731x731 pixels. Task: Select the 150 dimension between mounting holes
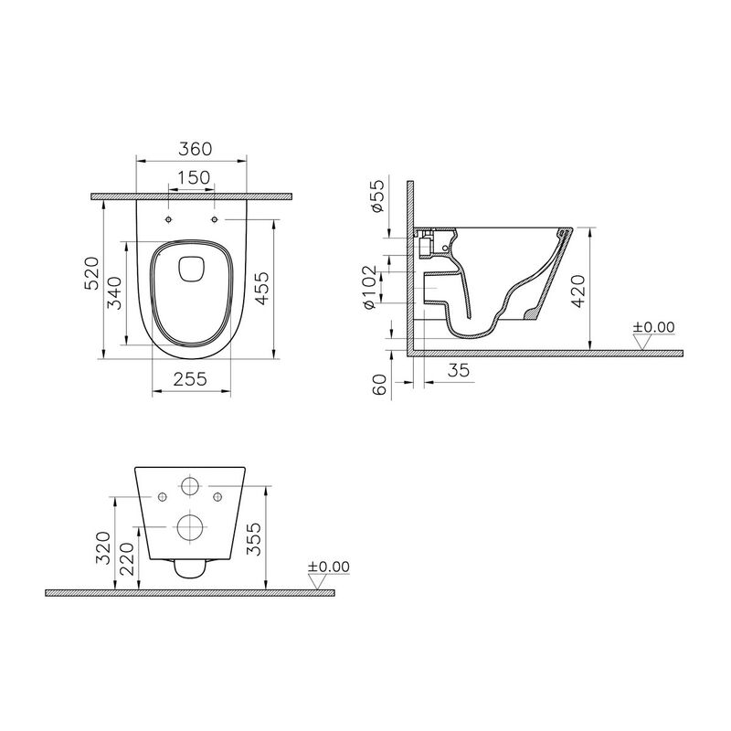[x=192, y=177]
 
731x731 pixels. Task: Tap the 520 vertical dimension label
[x=91, y=273]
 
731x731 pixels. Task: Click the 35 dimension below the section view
[x=460, y=369]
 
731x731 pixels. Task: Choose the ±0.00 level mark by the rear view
[x=329, y=567]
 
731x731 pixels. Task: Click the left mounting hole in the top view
[x=170, y=220]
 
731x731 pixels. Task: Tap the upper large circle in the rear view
[x=191, y=484]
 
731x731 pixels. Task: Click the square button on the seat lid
[x=191, y=268]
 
